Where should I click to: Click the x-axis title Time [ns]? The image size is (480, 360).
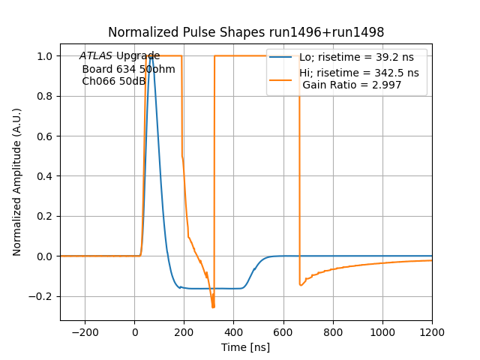pos(246,347)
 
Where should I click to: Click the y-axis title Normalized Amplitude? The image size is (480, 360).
pos(17,181)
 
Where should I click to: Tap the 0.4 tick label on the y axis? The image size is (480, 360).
pos(44,176)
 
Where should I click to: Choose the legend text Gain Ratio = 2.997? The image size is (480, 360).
pos(352,85)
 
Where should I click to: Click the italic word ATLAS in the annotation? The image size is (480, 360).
pos(96,56)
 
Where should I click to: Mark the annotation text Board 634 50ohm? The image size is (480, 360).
pos(128,69)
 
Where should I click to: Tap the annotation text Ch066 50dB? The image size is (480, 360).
pos(113,81)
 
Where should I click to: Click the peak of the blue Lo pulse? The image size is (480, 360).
pos(151,56)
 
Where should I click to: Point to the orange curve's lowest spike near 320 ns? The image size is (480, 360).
pos(213,307)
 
